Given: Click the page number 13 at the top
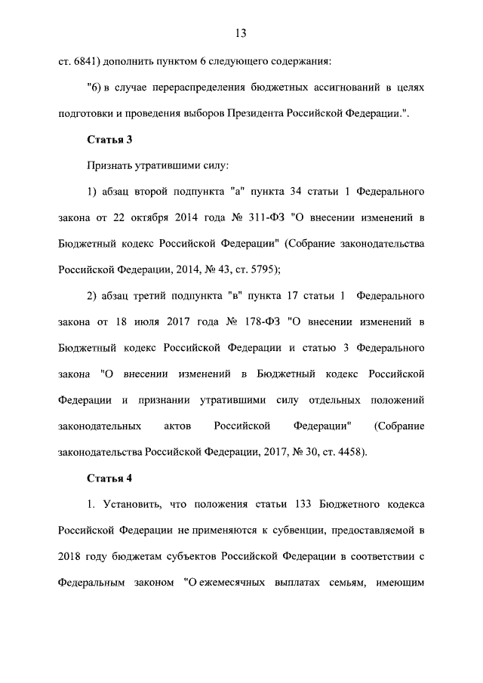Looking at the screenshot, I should click(241, 33).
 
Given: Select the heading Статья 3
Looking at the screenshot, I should click(109, 139).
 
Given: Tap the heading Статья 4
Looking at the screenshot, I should click(109, 478).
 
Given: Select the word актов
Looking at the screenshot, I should click(177, 426).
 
